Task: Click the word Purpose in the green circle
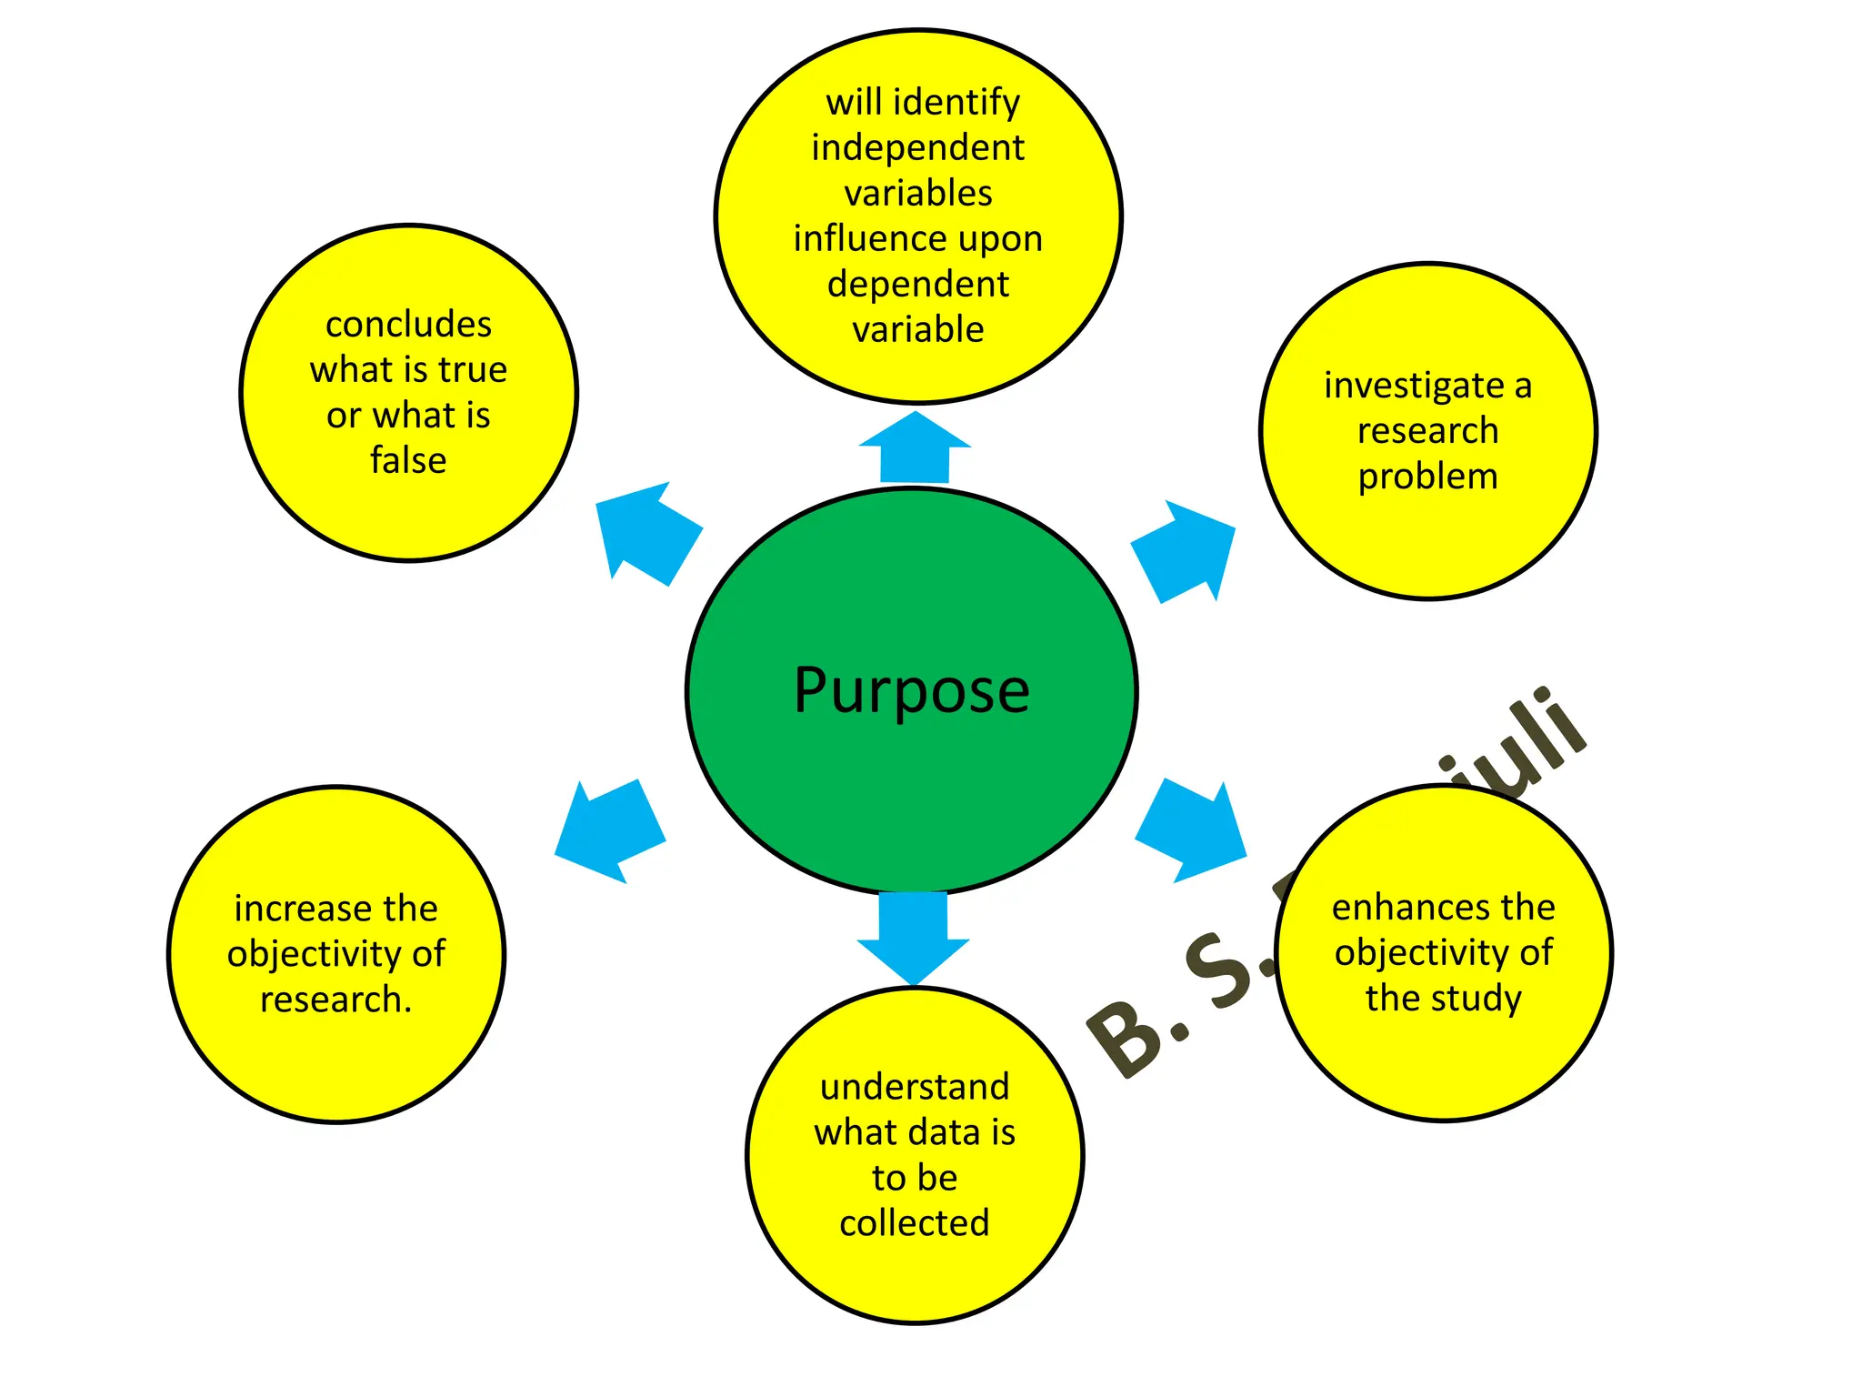[x=911, y=691]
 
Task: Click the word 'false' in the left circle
[x=408, y=460]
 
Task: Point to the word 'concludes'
[x=408, y=325]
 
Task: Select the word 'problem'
[x=1427, y=477]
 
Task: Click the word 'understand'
[x=915, y=1087]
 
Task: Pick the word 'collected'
[x=914, y=1223]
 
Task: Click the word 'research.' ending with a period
[x=335, y=1000]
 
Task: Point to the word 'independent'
[x=917, y=148]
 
